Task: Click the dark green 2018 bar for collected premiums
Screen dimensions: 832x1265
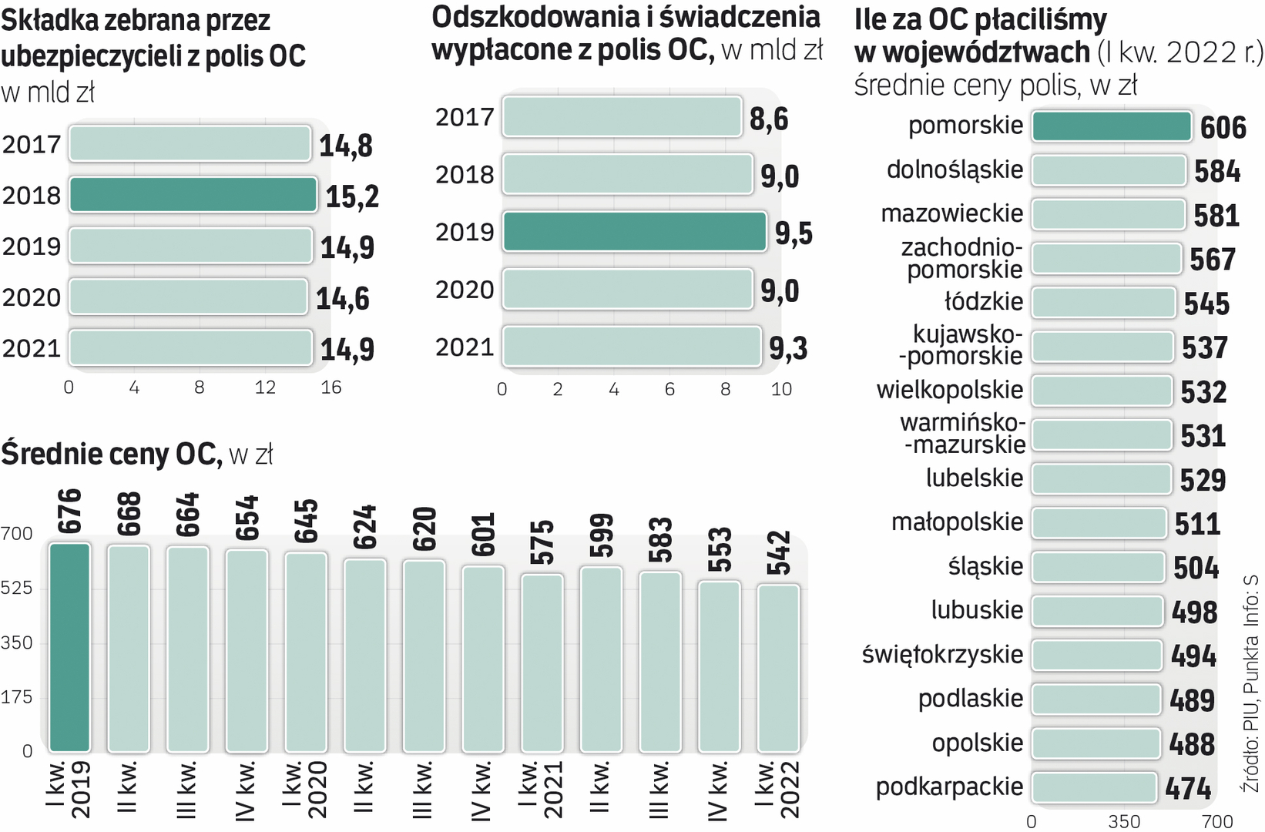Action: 193,195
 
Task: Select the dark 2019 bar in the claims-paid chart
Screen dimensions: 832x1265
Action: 634,232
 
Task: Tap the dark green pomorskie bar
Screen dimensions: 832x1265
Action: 1111,126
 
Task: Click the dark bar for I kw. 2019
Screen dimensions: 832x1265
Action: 69,647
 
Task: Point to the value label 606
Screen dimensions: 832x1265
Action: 1223,128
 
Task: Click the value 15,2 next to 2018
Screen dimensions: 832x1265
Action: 352,197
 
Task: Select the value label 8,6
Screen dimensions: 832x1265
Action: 769,119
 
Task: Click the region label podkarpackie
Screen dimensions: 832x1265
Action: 949,787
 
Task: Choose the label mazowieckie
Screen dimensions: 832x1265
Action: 951,213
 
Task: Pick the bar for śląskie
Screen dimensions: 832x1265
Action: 1098,567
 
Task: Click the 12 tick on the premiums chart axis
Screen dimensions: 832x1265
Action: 265,387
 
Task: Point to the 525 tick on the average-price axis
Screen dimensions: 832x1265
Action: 17,589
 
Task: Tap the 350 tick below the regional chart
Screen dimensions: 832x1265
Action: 1124,822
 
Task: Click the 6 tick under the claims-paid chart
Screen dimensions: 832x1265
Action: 669,390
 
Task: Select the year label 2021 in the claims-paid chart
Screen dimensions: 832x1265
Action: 464,347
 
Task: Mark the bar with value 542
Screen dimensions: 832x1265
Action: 778,668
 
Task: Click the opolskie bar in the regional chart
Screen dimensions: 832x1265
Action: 1095,743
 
